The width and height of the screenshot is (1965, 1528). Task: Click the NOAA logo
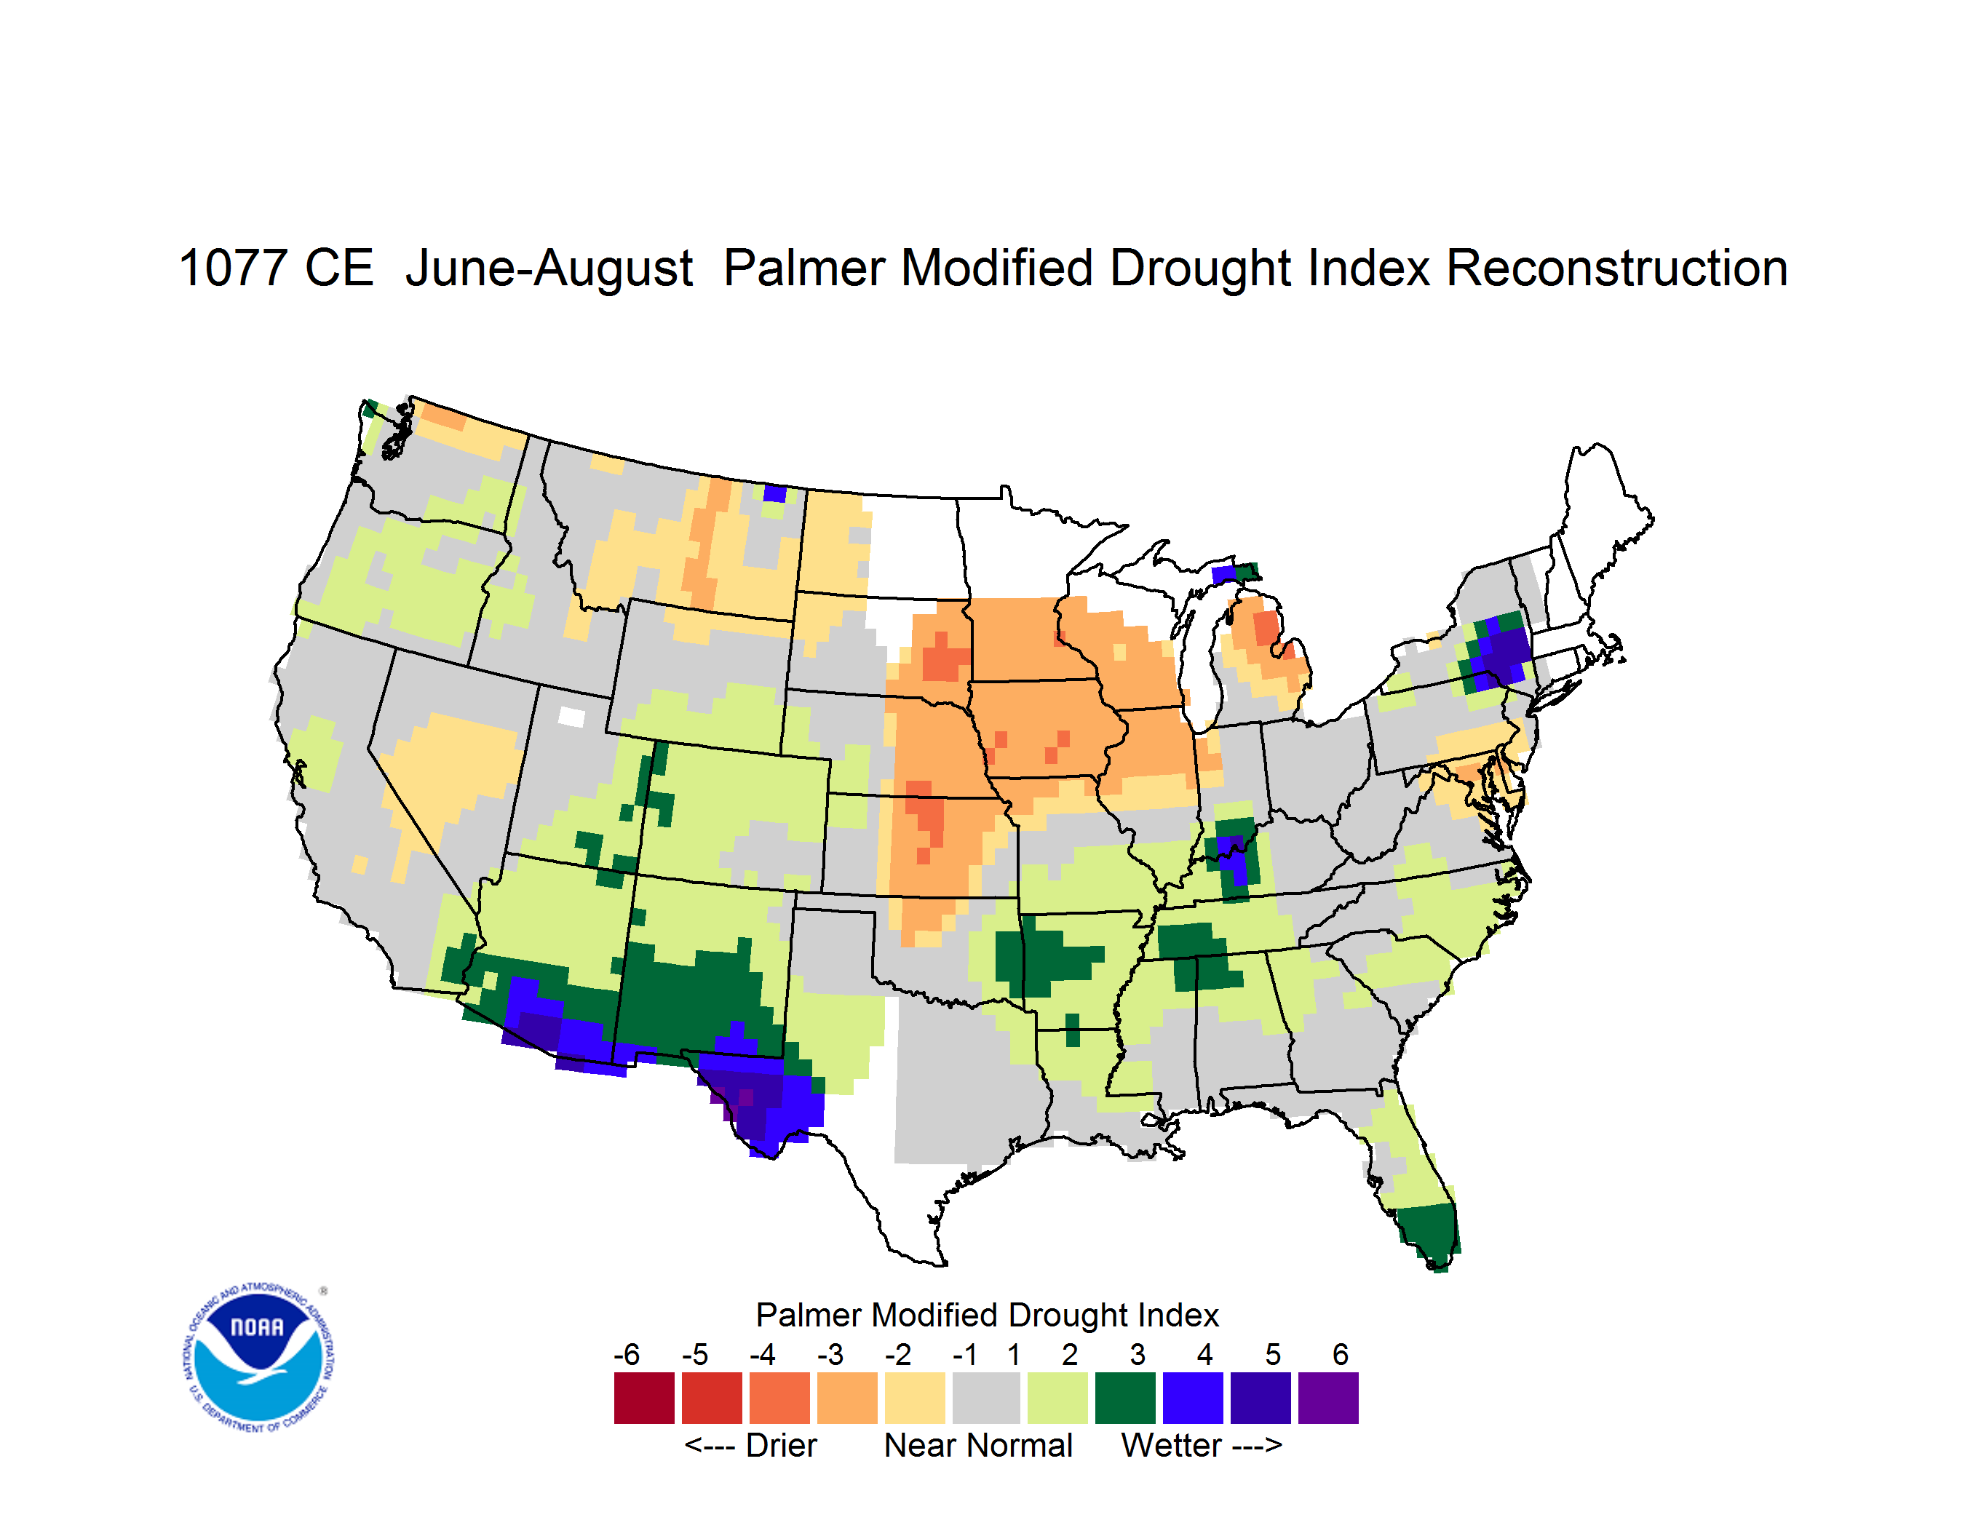coord(258,1358)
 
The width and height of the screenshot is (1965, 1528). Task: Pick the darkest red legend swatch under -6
coord(644,1398)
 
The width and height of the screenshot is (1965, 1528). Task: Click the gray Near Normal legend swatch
coord(986,1398)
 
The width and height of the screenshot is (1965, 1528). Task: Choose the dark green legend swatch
coord(1124,1398)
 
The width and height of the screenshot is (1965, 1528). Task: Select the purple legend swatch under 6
coord(1328,1398)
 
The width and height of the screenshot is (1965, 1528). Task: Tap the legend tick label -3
coord(830,1354)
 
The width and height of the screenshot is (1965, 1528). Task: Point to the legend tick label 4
coord(1204,1354)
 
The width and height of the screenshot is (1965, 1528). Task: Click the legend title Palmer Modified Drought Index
coord(987,1315)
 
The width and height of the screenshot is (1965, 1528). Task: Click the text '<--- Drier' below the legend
coord(750,1445)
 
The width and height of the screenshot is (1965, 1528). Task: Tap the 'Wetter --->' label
coord(1201,1445)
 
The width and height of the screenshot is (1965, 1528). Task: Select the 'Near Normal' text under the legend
coord(978,1445)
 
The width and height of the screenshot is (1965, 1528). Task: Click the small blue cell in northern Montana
coord(774,493)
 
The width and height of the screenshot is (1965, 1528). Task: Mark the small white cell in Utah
coord(571,717)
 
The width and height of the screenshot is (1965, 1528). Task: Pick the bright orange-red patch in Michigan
coord(1267,627)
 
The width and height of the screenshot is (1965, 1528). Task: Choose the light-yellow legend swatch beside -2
coord(915,1398)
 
